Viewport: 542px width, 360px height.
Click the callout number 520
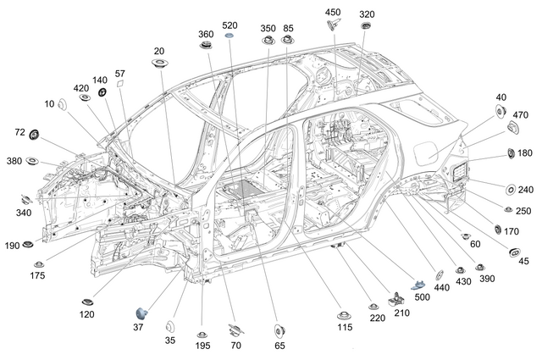point(230,25)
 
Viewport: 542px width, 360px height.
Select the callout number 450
point(333,13)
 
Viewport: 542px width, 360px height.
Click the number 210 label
point(401,312)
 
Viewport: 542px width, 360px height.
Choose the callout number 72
point(19,133)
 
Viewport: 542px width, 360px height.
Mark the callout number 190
point(12,246)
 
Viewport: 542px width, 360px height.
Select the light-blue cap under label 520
point(230,37)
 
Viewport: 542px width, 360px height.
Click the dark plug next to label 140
point(102,92)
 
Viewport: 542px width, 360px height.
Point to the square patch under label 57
point(120,85)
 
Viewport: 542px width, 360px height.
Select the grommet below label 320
point(366,26)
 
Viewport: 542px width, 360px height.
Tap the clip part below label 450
point(332,25)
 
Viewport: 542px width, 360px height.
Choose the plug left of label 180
point(511,152)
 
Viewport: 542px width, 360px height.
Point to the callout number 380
point(14,161)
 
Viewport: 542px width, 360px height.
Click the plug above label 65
point(279,329)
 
